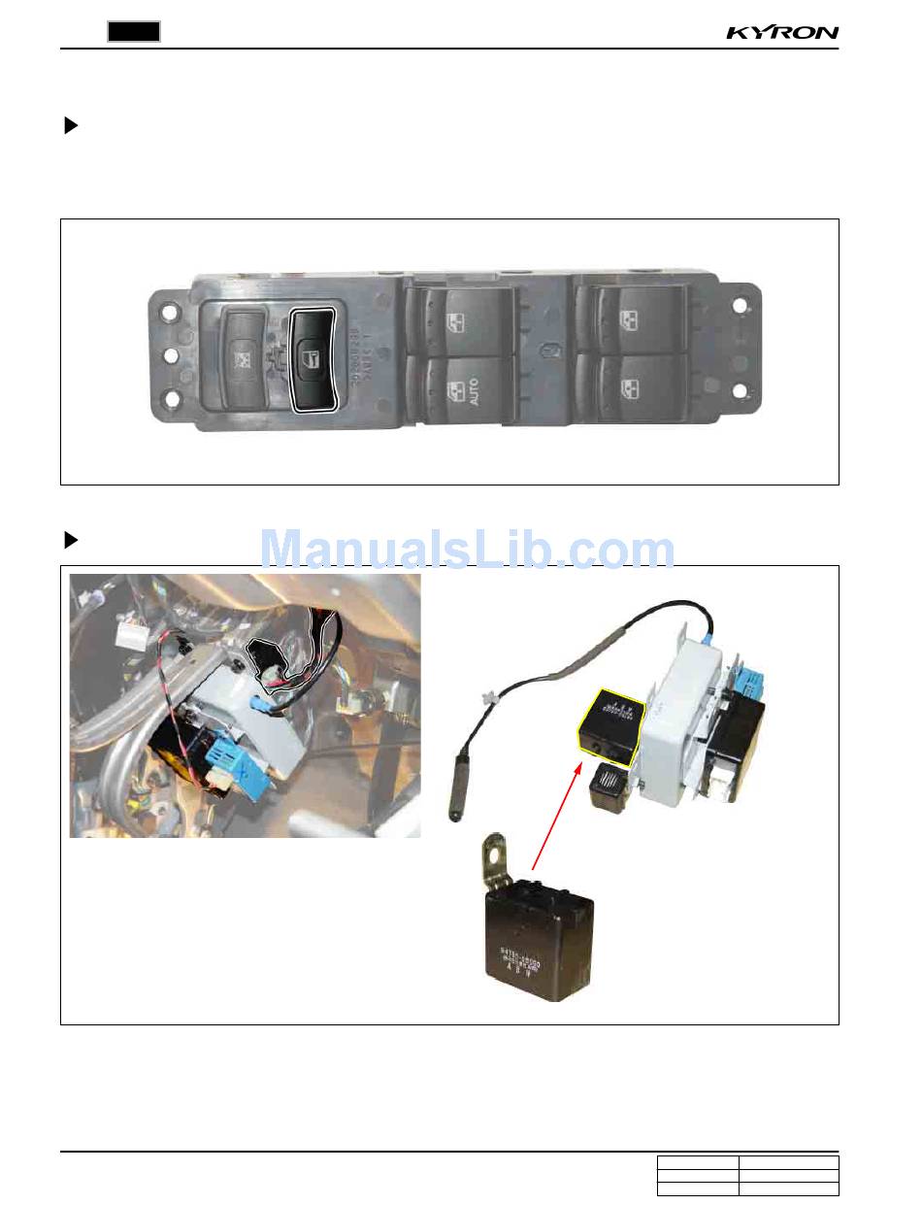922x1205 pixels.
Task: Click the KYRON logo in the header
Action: point(782,33)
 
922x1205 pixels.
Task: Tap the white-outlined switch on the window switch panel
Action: point(313,359)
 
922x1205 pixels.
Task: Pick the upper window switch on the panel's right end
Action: point(631,319)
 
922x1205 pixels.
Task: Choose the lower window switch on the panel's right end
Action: point(631,388)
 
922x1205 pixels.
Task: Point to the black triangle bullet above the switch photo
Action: point(70,125)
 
